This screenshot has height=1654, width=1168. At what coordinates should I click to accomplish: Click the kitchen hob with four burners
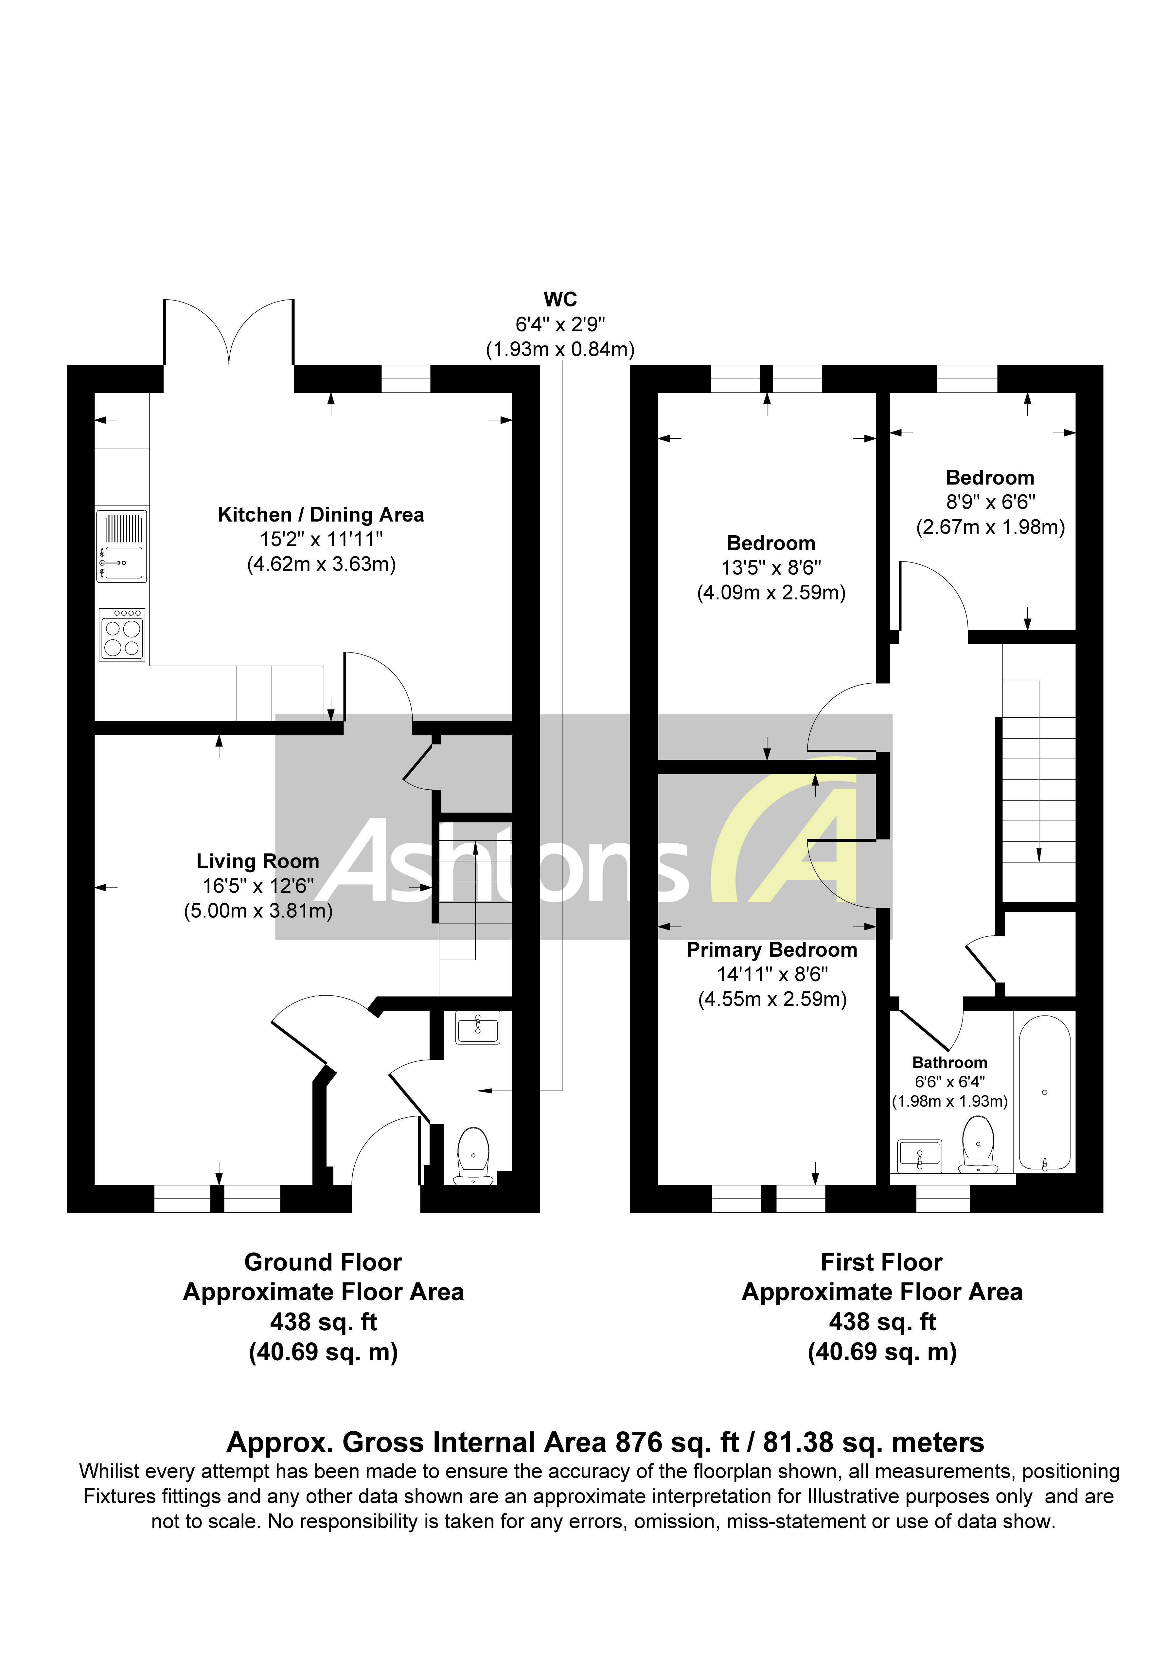[122, 635]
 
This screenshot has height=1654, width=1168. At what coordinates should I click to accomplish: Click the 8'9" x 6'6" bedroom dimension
[990, 502]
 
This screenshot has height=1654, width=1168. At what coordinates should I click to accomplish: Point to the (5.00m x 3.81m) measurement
[258, 910]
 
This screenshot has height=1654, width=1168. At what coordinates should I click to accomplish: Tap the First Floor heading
[881, 1262]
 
